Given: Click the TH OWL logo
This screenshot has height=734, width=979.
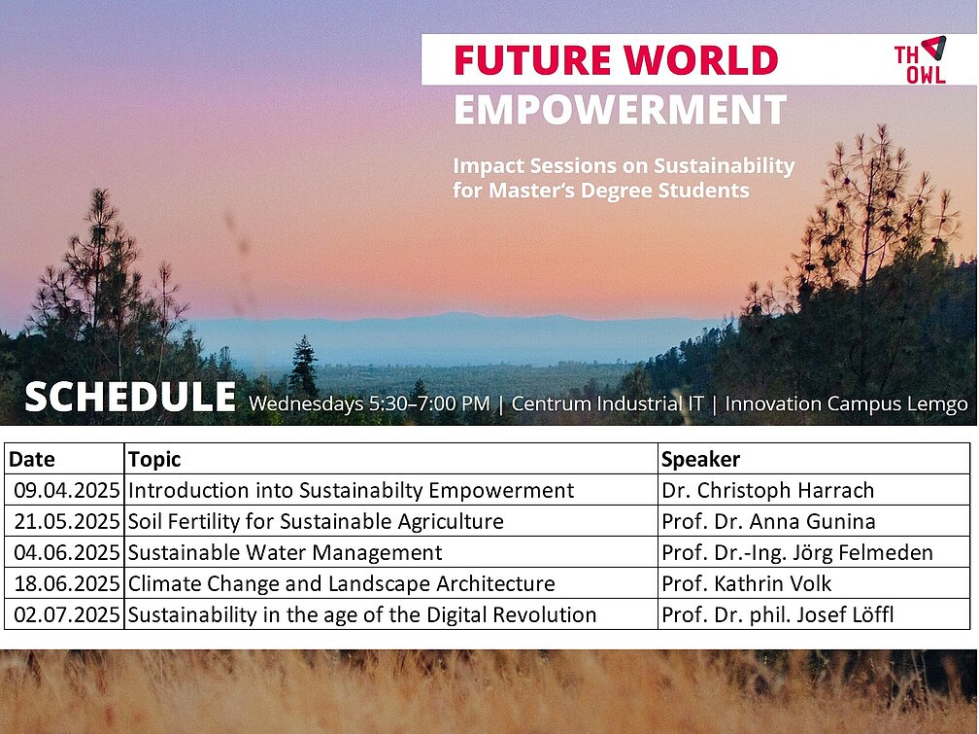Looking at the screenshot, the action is point(921,60).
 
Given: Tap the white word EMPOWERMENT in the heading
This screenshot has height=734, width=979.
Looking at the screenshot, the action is point(620,110).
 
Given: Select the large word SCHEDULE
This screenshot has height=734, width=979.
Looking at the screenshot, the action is point(130,398).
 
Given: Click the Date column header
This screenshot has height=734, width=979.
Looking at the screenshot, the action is point(32,460).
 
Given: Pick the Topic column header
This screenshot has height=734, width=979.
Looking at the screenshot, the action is point(154,460).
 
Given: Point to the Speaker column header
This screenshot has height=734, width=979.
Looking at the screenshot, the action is point(700,460).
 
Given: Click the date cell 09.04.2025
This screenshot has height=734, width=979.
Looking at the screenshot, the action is point(67,490).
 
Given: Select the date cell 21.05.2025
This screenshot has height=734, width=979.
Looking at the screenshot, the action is point(67,521).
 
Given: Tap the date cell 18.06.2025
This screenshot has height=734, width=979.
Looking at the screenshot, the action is point(67,583).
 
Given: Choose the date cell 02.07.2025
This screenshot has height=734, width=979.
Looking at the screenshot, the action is point(67,614).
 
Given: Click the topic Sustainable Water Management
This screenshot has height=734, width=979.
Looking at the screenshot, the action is point(285,553).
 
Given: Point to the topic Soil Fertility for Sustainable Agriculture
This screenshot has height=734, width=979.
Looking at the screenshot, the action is point(316,521).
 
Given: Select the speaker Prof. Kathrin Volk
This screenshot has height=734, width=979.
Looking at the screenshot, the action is point(746,583).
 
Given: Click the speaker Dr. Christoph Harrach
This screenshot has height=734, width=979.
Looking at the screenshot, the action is point(768,490).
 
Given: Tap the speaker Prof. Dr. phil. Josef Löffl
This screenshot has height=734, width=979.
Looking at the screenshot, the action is point(777,614).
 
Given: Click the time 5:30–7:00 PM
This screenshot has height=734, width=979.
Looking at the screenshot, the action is point(429,403).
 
